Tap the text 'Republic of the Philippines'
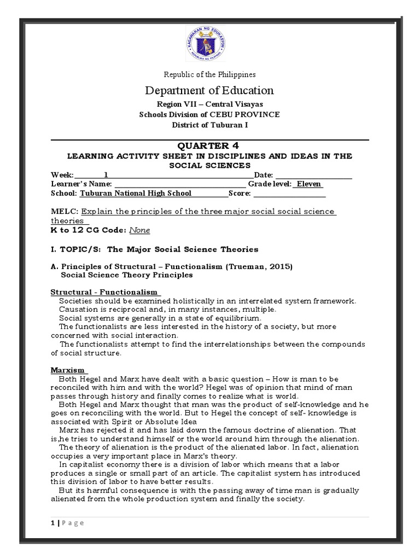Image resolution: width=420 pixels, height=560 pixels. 210,74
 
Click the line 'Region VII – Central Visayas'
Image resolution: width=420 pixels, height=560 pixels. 210,104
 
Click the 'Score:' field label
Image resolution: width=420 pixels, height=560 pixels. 240,193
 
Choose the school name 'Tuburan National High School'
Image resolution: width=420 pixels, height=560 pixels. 136,193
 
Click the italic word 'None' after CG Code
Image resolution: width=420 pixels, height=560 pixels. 139,230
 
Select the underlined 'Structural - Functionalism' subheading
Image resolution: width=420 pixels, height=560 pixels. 104,292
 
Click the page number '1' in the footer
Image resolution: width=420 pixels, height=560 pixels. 52,523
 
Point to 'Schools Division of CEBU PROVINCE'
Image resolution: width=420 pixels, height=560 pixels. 210,114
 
